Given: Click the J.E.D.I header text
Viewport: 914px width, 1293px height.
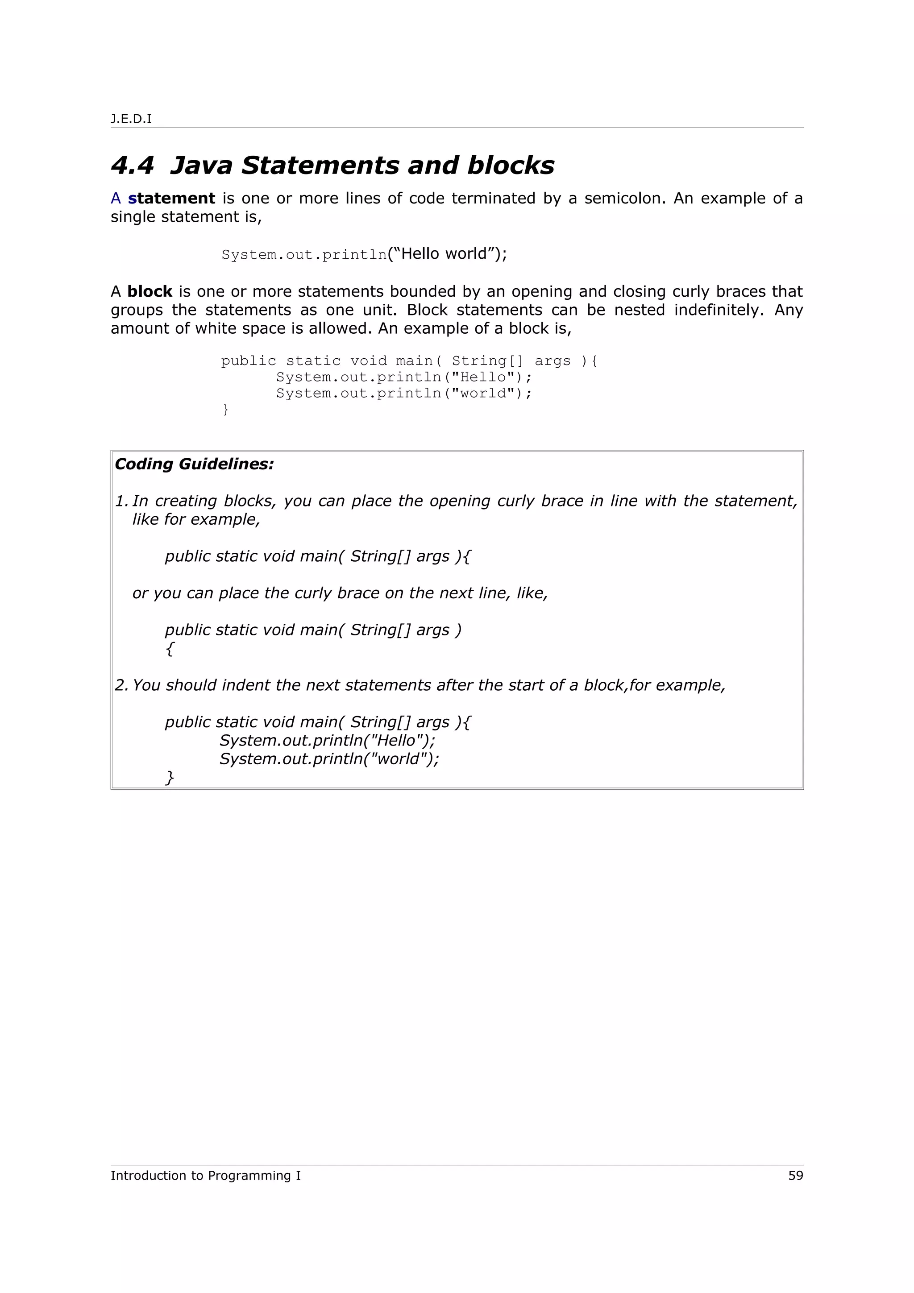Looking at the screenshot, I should (131, 119).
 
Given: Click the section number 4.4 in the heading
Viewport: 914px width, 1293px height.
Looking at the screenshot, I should (133, 166).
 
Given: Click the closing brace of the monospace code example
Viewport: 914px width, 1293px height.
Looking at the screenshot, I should (226, 410).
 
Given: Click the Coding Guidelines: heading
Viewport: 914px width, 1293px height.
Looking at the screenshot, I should (194, 464).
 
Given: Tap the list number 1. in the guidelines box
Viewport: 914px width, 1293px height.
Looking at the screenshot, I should (122, 501).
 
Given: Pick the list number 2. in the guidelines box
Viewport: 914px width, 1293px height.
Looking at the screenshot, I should (122, 685).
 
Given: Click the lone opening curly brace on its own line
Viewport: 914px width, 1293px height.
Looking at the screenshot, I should (170, 649).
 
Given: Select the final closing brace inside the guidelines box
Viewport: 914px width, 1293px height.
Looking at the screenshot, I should (170, 778).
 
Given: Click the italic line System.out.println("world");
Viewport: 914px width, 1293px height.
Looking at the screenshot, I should (329, 759).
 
